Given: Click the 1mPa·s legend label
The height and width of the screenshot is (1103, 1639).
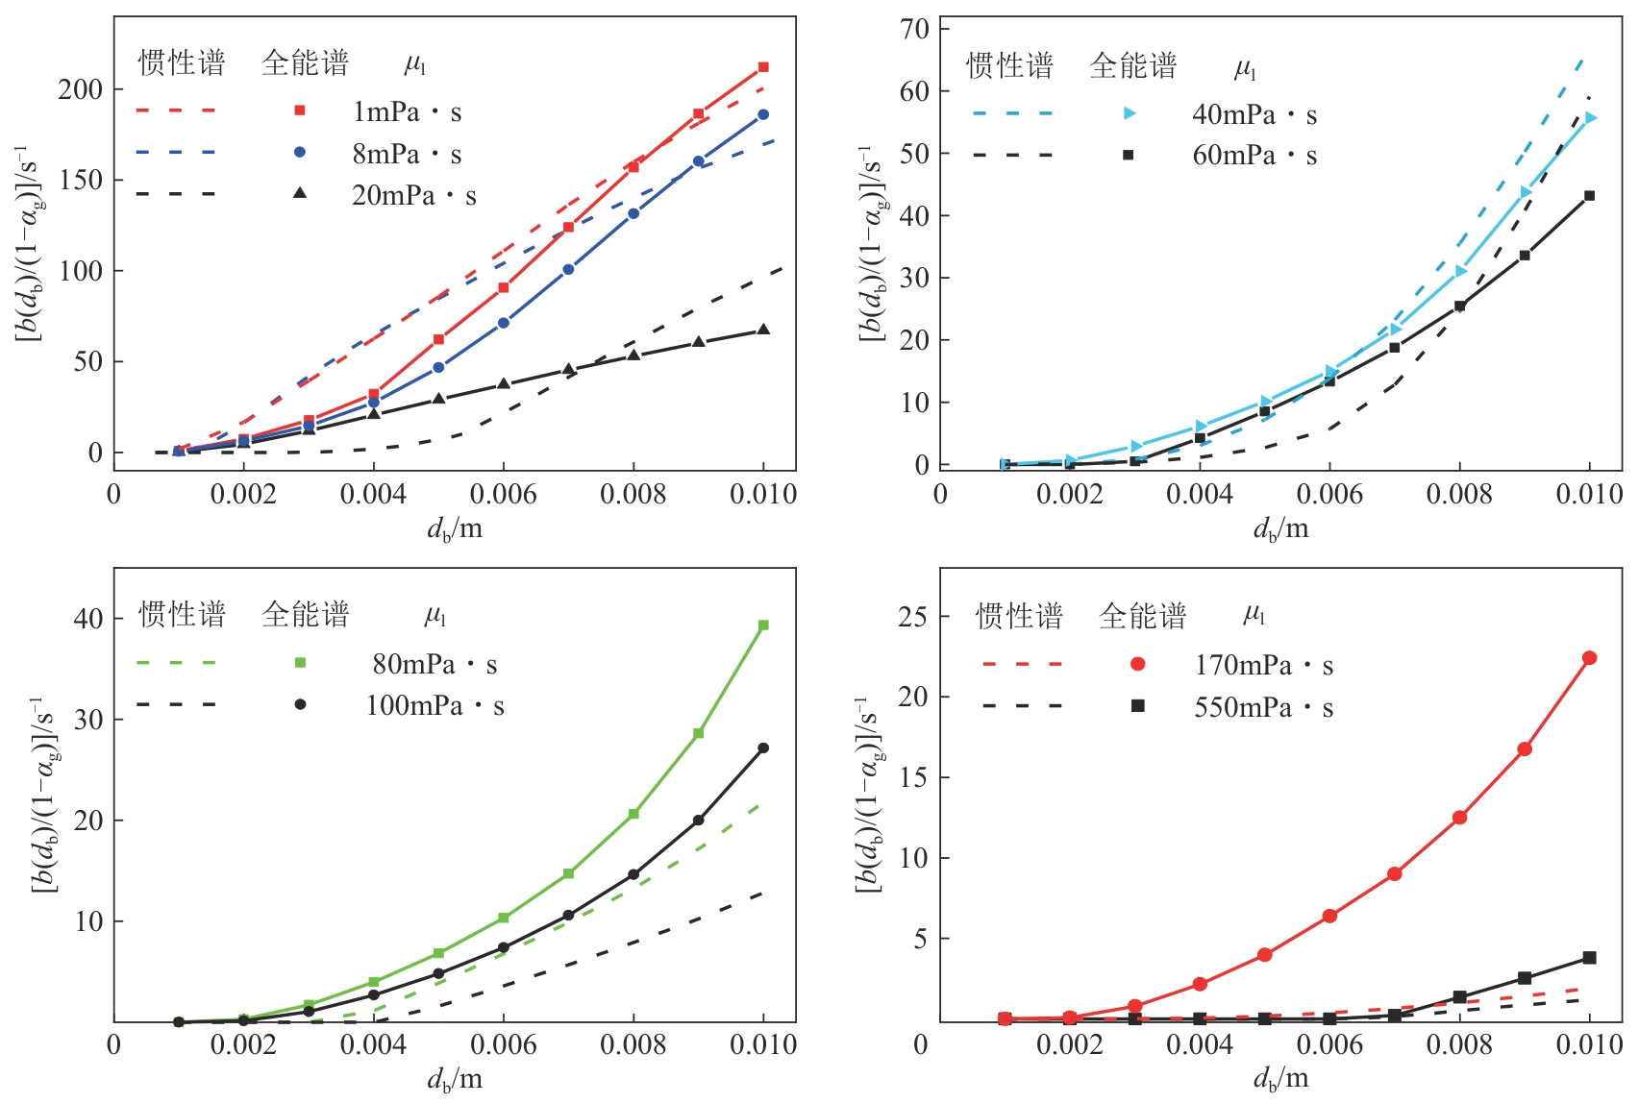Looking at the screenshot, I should [x=407, y=112].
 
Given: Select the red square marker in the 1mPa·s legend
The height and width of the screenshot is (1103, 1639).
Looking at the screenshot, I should [x=300, y=111].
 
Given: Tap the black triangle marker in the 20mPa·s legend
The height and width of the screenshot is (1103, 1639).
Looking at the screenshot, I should [x=300, y=193].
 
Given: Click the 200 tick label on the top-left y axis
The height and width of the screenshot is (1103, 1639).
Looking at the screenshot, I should [x=80, y=89].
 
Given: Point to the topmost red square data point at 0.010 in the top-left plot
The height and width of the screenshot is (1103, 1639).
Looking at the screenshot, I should [x=763, y=67].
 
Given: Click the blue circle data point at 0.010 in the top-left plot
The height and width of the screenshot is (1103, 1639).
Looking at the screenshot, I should [x=763, y=114].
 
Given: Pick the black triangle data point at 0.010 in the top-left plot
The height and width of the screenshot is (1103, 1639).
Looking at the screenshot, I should [x=763, y=330].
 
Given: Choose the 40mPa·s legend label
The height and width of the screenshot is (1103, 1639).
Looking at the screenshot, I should [x=1254, y=115].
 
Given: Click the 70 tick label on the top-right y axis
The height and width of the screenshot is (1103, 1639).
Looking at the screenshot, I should [x=914, y=29].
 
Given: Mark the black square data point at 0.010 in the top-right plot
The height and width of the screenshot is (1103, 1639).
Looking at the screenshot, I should [x=1589, y=196].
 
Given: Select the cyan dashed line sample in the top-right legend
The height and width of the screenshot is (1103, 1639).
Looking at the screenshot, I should [x=1012, y=113].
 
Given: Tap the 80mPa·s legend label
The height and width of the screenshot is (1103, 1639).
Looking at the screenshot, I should [x=435, y=664].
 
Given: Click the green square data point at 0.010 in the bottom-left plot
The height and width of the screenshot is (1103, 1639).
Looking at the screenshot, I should [x=763, y=625].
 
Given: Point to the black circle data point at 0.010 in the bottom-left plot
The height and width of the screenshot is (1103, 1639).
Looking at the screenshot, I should [x=763, y=748].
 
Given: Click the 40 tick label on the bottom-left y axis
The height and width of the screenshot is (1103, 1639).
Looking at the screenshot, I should [x=87, y=619].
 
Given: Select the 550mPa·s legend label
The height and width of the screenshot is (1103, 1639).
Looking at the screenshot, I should [x=1263, y=708].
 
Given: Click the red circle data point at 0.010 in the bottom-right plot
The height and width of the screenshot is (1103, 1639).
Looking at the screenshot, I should [x=1589, y=658].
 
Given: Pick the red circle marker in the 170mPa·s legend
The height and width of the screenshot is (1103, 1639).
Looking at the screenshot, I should [x=1138, y=664].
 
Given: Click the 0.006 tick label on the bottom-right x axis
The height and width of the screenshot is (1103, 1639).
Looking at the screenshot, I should [x=1329, y=1044].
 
